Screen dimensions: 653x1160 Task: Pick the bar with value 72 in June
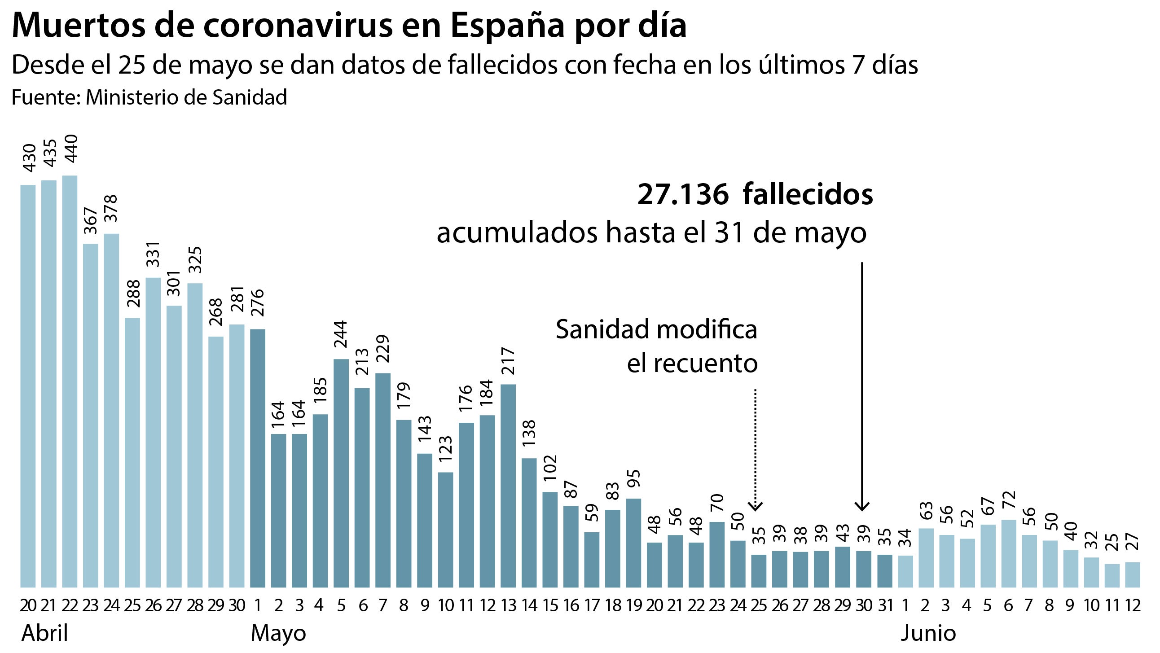pos(1009,553)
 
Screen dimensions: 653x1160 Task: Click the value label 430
pos(29,158)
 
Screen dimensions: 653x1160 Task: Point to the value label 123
pos(445,448)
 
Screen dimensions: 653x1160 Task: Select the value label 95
pos(633,481)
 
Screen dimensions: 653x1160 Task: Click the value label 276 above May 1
pos(257,303)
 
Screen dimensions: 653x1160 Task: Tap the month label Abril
pos(44,633)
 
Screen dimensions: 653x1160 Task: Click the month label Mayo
pos(278,633)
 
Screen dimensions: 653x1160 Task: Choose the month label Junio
pos(928,633)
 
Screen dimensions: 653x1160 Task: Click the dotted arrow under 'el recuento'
pos(755,450)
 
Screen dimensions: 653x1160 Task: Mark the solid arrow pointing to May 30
pos(862,387)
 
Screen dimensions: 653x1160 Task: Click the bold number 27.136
pos(683,194)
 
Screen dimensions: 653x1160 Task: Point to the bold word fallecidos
pos(808,194)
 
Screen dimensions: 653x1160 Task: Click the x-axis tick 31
pos(885,606)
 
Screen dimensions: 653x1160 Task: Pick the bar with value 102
pos(550,539)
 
